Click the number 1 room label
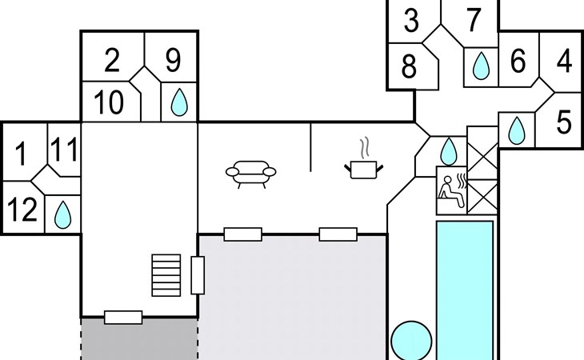tap(22, 152)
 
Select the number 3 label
tap(411, 21)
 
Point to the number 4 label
tap(564, 62)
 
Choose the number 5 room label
tap(564, 122)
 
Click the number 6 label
tap(518, 61)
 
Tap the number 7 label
tap(474, 21)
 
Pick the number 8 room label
tap(409, 67)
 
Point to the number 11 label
tap(64, 150)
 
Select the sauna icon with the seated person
tap(451, 190)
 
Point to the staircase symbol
tap(167, 274)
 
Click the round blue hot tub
tap(412, 340)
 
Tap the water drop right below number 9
tap(180, 102)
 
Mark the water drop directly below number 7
tap(481, 66)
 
